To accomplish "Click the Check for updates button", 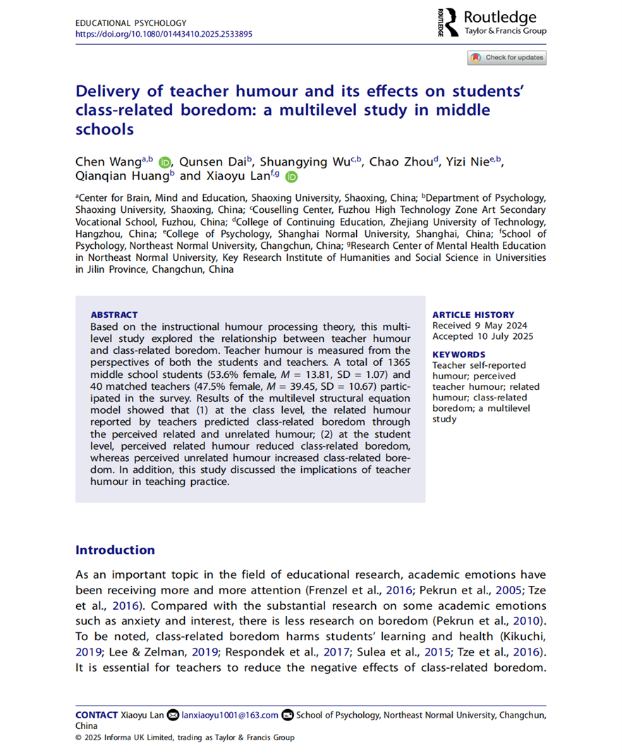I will point(506,57).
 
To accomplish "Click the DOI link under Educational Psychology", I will point(164,34).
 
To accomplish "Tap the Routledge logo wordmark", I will point(499,17).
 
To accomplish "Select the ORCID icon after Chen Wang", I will point(164,162).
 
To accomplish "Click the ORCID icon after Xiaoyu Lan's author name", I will point(291,177).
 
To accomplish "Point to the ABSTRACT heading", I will point(114,315).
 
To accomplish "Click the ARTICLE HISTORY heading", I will point(473,315).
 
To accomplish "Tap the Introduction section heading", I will point(115,550).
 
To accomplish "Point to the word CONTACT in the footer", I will point(96,715).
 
